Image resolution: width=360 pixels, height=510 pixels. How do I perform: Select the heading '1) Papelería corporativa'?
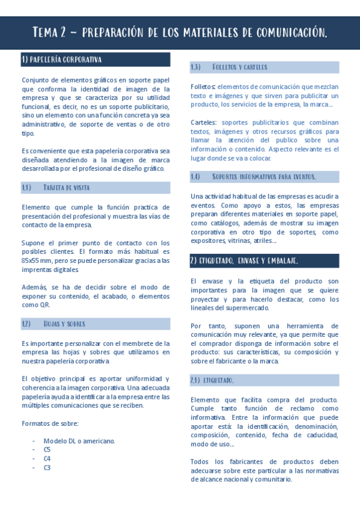tap(61, 60)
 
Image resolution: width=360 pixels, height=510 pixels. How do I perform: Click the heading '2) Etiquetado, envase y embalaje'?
tap(243, 260)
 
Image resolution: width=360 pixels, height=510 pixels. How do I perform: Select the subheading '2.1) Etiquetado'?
tap(212, 381)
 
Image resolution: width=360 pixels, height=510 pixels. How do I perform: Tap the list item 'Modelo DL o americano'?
tap(79, 441)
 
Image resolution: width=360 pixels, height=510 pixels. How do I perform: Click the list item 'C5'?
tap(47, 449)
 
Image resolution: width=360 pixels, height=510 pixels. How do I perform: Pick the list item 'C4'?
tap(47, 458)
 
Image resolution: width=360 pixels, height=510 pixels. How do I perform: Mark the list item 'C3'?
tap(47, 467)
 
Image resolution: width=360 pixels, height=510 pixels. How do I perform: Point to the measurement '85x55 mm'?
tap(37, 260)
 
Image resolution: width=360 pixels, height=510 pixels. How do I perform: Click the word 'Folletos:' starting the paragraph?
tap(203, 87)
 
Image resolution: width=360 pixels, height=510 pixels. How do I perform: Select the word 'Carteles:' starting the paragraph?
tap(204, 122)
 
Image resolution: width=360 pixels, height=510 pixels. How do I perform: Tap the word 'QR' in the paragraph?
tap(44, 305)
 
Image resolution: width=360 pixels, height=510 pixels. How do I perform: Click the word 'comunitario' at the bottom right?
tap(272, 479)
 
